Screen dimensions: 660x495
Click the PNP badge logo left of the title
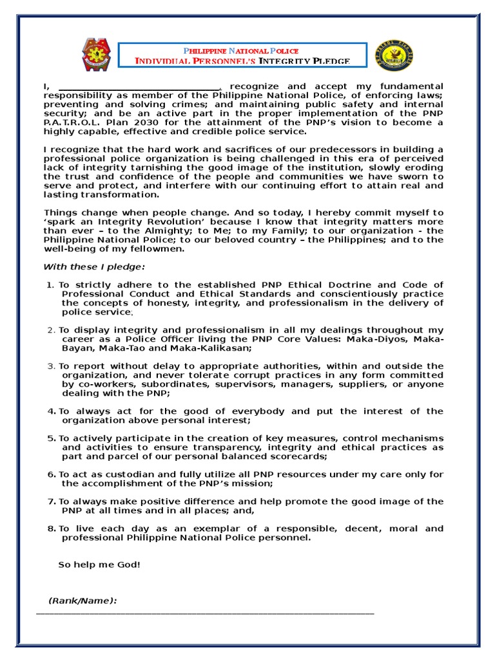(96, 55)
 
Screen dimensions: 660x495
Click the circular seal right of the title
(394, 55)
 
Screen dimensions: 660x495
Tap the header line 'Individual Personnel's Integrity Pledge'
(242, 61)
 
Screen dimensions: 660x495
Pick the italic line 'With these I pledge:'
(94, 267)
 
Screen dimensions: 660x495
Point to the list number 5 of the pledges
(51, 438)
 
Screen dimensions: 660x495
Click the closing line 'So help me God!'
(99, 565)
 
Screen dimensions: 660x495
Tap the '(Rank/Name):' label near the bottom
(82, 601)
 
